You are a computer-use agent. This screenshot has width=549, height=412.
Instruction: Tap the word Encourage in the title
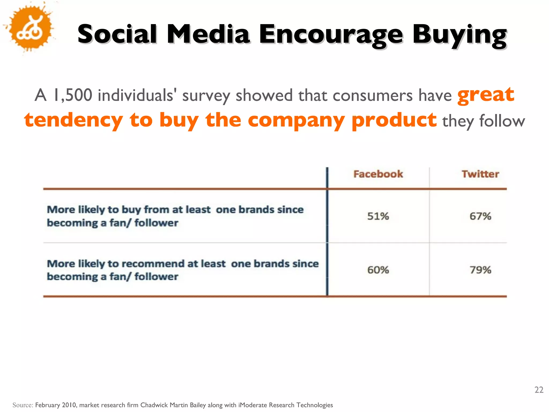click(x=330, y=34)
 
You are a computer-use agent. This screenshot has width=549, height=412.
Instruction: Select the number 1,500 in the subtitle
click(x=72, y=95)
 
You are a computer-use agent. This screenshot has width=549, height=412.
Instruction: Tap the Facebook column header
click(x=378, y=174)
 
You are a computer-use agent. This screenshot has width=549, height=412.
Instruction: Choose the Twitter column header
click(x=480, y=174)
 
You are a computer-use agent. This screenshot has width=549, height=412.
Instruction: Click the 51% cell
click(x=378, y=216)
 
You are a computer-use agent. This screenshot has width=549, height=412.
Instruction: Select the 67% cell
click(x=480, y=216)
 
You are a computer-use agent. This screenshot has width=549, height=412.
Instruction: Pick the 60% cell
click(x=378, y=270)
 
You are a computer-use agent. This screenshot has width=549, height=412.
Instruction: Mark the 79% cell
click(x=480, y=270)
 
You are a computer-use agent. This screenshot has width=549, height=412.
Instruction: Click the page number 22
click(x=539, y=390)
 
